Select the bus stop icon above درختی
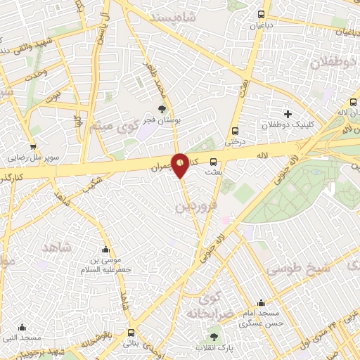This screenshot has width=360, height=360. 235,130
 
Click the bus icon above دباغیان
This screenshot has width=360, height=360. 262,14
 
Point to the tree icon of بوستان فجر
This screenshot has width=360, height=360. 163,109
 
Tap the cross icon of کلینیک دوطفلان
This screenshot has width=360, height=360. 287,114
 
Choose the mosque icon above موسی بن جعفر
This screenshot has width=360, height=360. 106,249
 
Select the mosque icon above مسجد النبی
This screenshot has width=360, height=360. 22,327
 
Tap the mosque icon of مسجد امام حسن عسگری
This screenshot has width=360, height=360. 261,302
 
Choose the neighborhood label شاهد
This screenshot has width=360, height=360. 58,248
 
